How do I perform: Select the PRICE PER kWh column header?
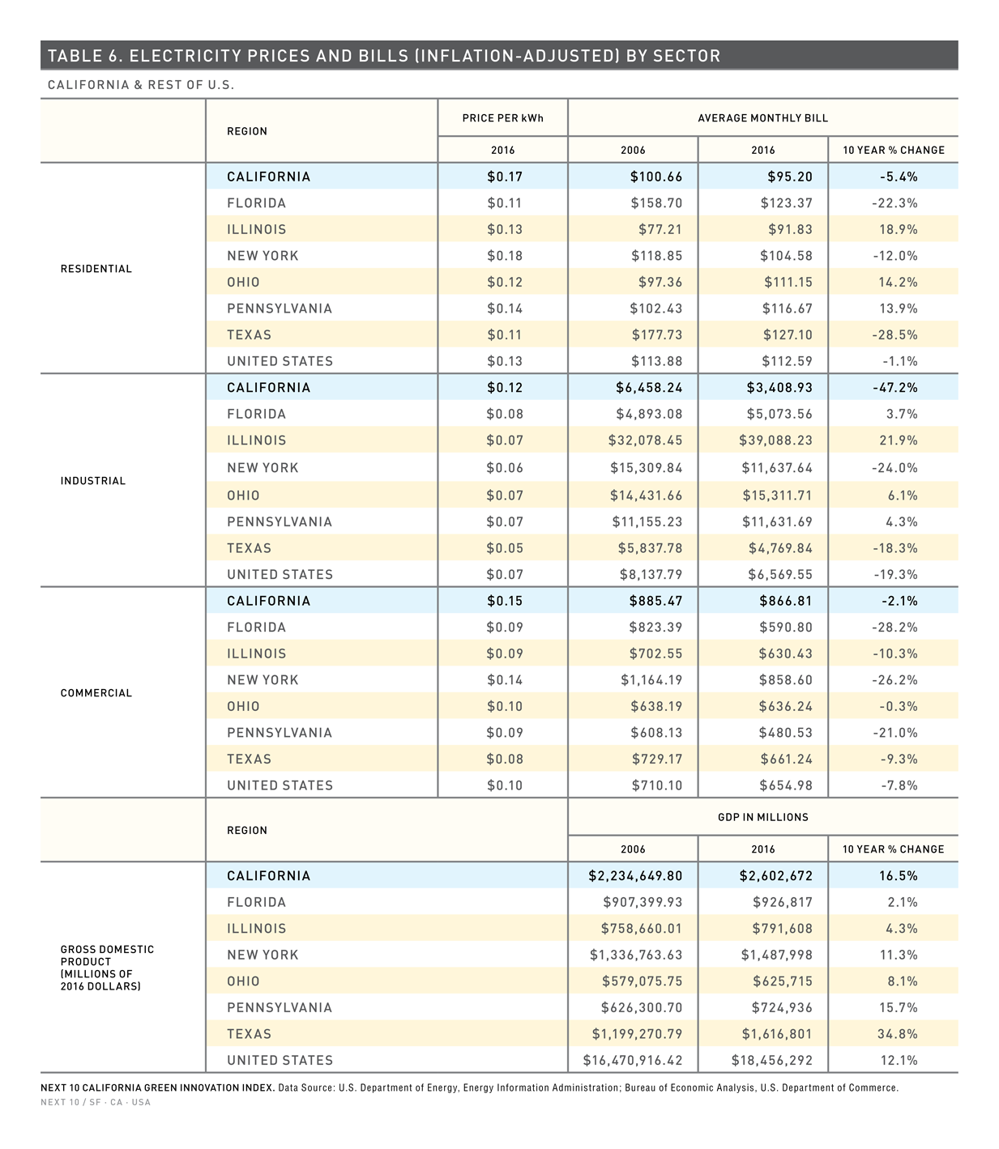click(503, 118)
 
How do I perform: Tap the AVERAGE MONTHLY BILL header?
click(762, 118)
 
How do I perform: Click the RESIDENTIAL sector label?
click(96, 269)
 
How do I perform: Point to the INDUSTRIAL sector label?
click(93, 481)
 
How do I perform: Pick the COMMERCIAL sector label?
click(96, 693)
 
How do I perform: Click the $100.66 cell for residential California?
click(656, 177)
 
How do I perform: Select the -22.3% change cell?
click(894, 202)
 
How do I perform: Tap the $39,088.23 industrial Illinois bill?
click(775, 440)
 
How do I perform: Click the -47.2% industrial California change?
click(894, 388)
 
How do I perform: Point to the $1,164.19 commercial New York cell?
click(651, 680)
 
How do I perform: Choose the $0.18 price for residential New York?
click(505, 256)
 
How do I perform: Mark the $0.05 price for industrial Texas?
click(505, 548)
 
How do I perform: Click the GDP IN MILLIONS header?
click(762, 817)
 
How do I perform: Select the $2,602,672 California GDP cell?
click(775, 875)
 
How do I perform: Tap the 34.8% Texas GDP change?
click(897, 1034)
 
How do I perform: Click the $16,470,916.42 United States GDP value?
click(633, 1060)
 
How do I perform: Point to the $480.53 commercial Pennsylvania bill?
click(786, 732)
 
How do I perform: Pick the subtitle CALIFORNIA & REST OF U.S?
click(141, 85)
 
